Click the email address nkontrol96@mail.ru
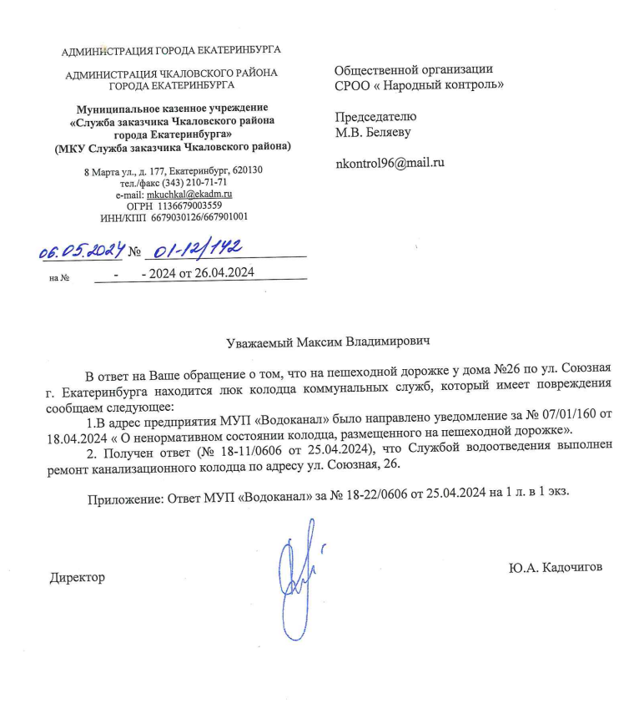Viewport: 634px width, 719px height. pyautogui.click(x=389, y=163)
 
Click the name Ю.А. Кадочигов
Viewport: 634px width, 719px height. pyautogui.click(x=554, y=567)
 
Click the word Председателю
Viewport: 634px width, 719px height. pyautogui.click(x=375, y=117)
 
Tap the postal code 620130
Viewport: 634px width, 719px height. pyautogui.click(x=248, y=170)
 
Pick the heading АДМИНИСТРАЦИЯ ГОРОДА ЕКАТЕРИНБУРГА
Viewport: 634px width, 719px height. pyautogui.click(x=172, y=52)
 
